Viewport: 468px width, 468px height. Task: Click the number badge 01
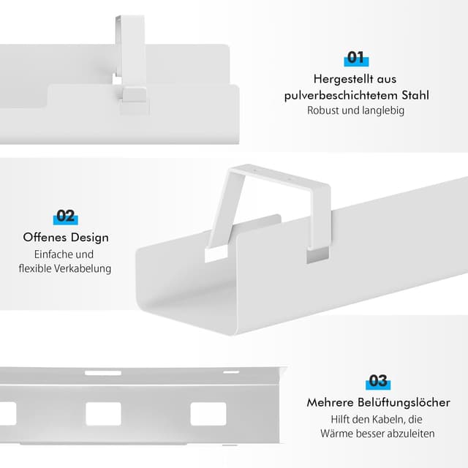356,58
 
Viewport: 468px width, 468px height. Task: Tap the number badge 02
66,216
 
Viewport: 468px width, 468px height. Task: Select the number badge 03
378,381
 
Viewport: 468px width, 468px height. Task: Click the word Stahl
414,96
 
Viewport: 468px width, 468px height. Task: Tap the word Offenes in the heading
45,238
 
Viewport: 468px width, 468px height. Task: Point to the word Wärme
337,434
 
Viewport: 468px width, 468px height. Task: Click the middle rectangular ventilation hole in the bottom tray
103,414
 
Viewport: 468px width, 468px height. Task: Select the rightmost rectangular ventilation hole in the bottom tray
208,414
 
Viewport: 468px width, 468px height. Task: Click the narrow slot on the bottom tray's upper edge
102,373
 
